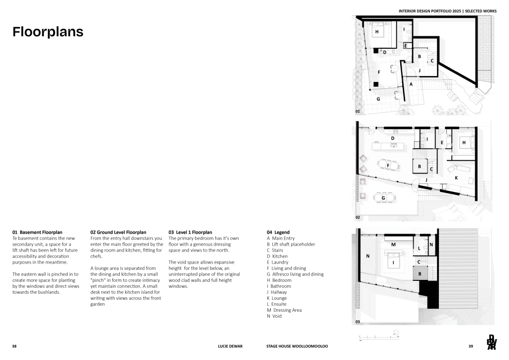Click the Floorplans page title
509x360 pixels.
tap(48, 32)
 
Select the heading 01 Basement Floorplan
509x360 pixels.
tap(37, 232)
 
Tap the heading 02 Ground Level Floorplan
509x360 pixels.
tap(118, 232)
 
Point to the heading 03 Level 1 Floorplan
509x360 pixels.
tap(190, 232)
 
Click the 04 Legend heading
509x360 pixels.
tap(278, 232)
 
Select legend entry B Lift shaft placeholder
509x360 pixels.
tap(291, 244)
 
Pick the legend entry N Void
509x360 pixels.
tap(274, 316)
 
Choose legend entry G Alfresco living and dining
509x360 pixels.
tap(295, 274)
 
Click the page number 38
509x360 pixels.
tap(14, 346)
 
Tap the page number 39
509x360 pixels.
tap(471, 346)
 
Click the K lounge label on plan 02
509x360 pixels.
tap(456, 177)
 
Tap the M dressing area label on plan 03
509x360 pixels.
tap(393, 245)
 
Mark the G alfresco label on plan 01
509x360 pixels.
tap(378, 99)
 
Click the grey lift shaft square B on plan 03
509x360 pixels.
tap(420, 273)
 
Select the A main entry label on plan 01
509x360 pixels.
tap(411, 85)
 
